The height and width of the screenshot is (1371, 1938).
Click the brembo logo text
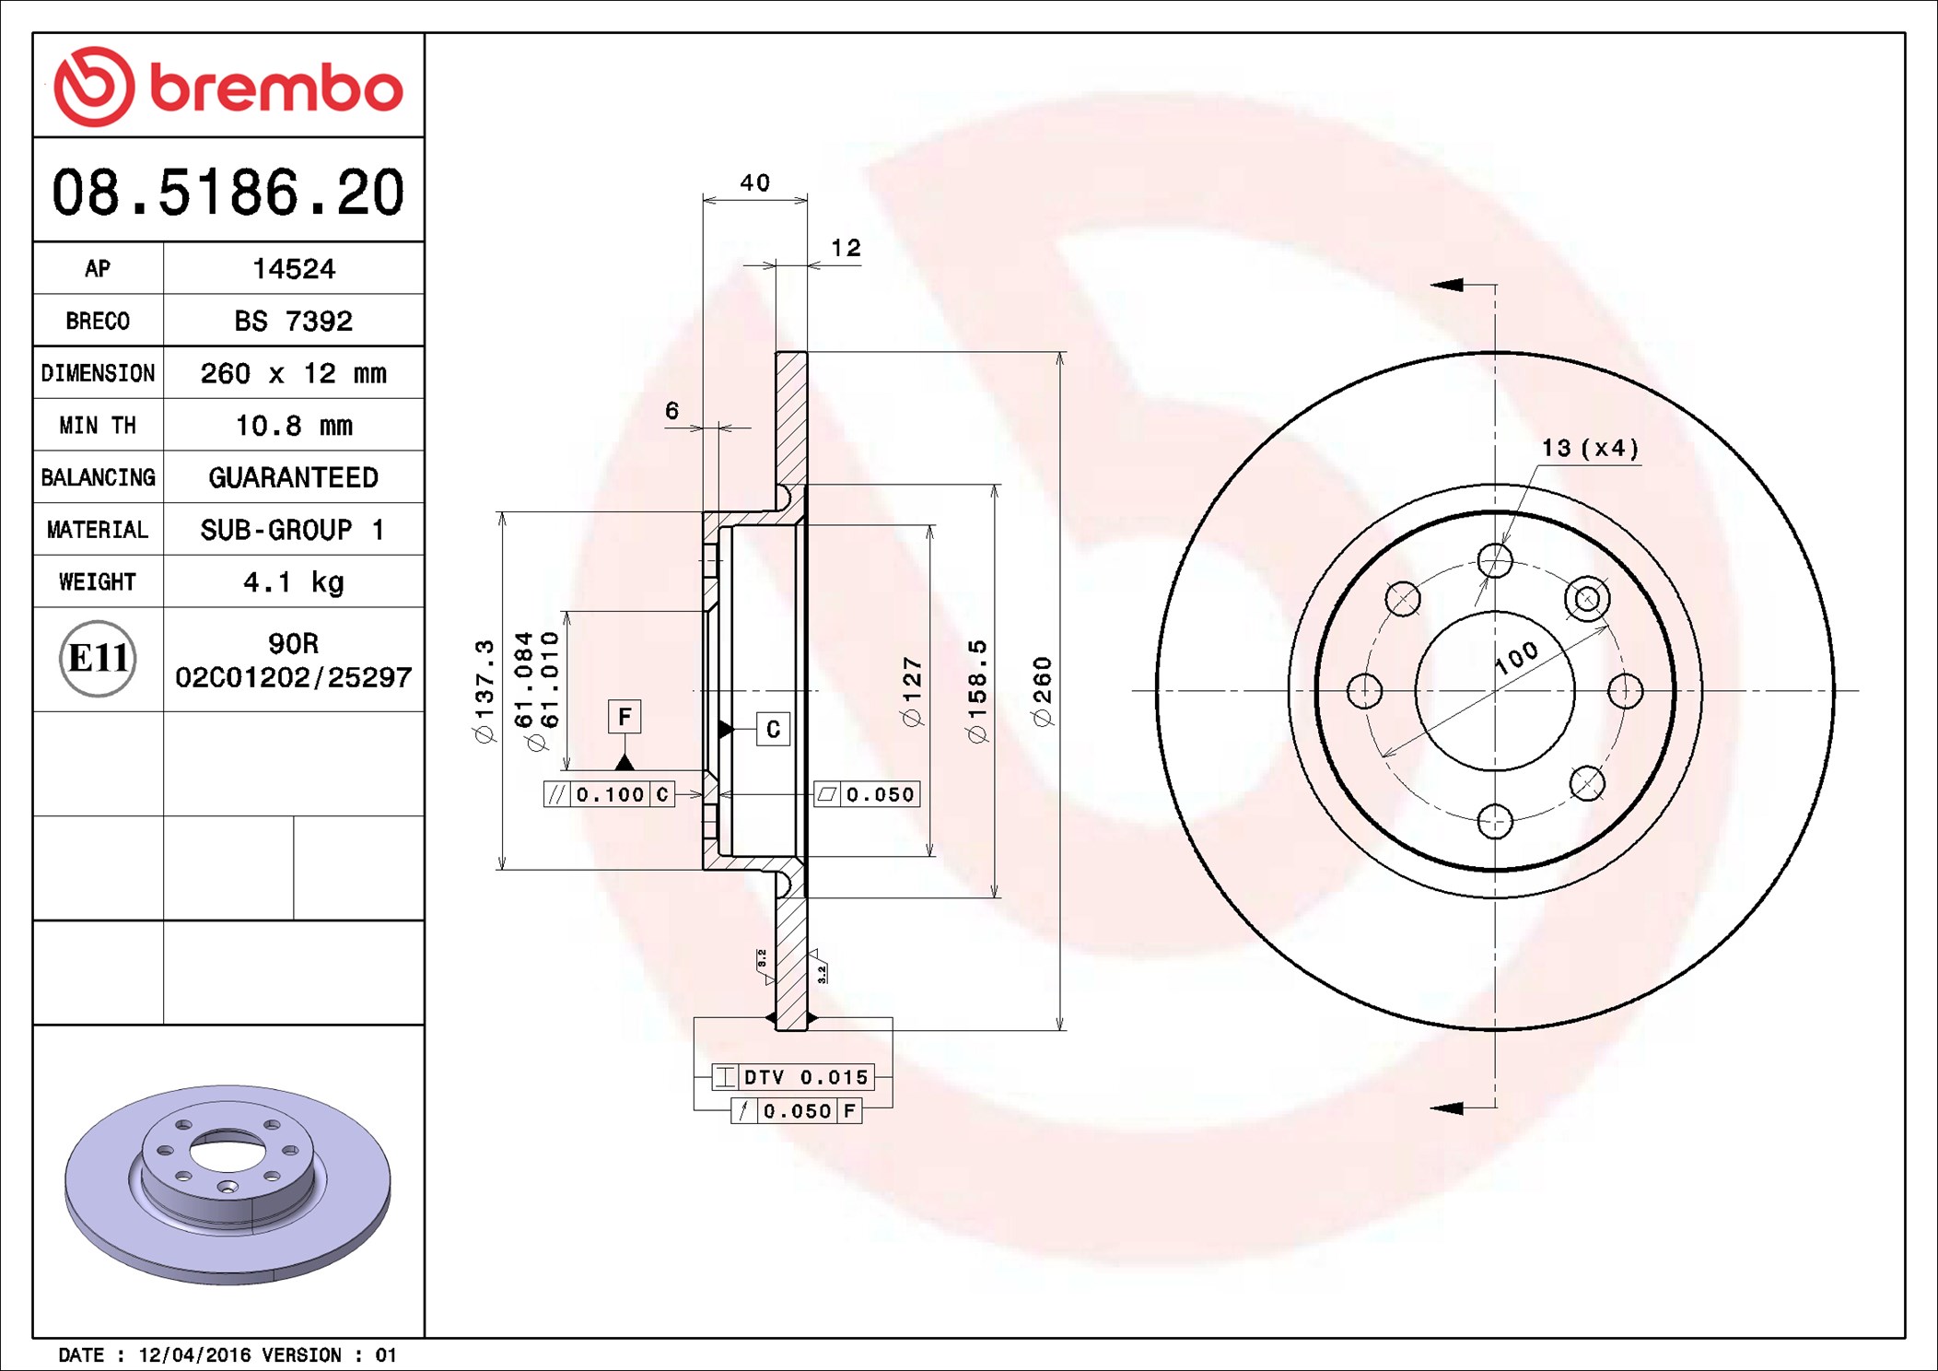coord(276,89)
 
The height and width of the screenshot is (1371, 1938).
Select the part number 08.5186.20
coord(228,193)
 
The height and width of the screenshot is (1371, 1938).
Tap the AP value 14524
coord(294,268)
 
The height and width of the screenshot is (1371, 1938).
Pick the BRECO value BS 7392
coord(294,321)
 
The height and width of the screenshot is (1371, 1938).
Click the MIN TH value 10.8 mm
coord(294,425)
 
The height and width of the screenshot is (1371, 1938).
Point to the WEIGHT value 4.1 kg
coord(294,582)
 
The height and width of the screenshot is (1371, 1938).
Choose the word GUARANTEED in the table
coord(294,477)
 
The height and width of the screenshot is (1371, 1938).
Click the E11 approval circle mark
coord(98,659)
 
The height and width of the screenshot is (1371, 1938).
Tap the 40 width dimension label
coord(755,182)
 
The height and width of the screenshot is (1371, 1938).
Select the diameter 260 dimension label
coord(1043,691)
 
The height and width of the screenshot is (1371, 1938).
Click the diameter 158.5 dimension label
coord(977,691)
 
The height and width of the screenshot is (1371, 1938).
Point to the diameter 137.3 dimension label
coord(484,691)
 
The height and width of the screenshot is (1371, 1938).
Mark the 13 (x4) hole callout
coord(1591,448)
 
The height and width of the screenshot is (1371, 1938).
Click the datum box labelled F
coord(625,717)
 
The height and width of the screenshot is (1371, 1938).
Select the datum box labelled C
coord(773,730)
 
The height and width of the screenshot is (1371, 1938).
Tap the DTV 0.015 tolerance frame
coord(792,1076)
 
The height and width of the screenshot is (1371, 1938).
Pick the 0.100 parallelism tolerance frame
coord(610,794)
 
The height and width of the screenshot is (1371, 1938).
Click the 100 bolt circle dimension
coord(1516,658)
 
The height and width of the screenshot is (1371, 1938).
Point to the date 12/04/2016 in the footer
coord(194,1354)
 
